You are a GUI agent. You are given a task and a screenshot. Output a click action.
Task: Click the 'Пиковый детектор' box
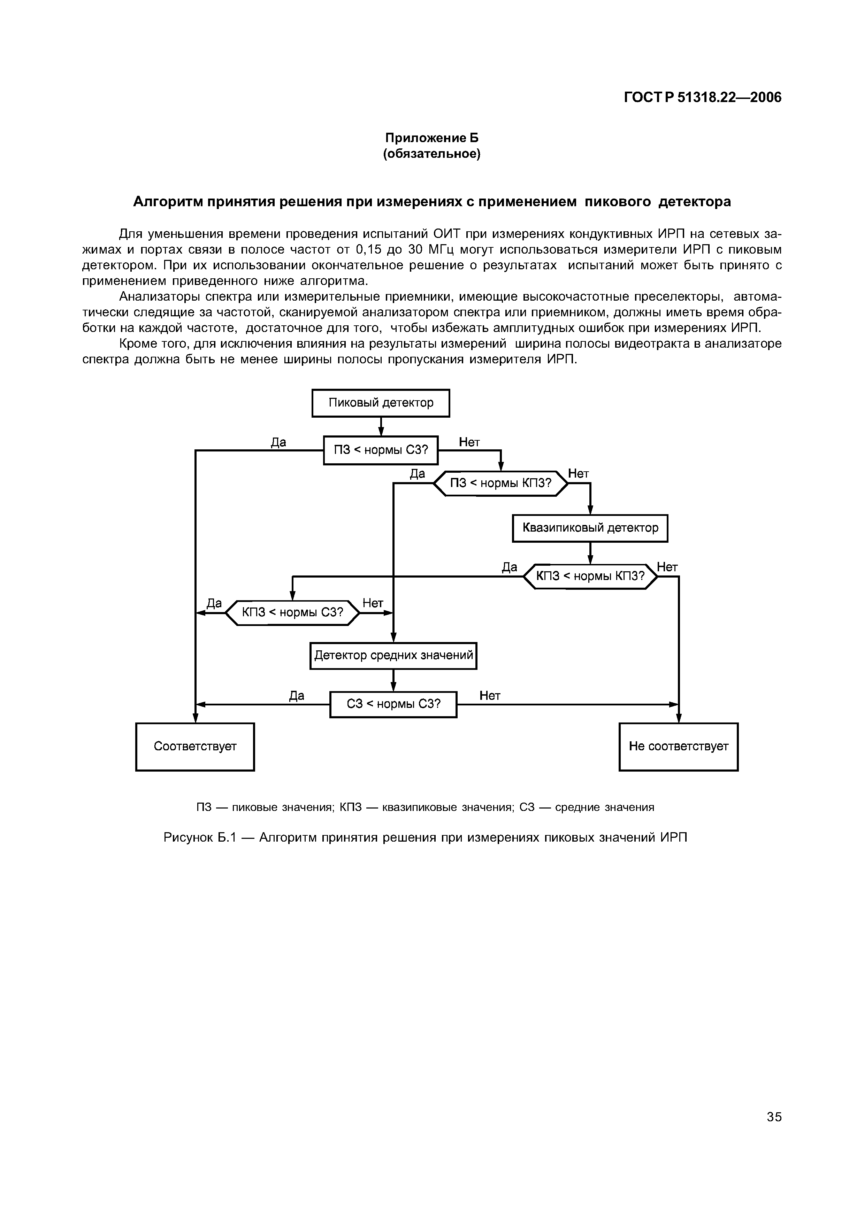(x=381, y=403)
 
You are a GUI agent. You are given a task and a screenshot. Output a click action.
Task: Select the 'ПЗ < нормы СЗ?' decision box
(x=381, y=450)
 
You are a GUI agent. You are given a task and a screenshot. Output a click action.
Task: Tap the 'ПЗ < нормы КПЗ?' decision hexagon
(x=501, y=483)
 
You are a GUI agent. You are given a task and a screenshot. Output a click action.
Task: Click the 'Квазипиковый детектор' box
(x=590, y=528)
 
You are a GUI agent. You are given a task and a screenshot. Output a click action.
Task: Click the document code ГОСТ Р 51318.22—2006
(x=703, y=98)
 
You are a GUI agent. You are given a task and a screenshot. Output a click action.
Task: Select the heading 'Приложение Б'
(x=432, y=138)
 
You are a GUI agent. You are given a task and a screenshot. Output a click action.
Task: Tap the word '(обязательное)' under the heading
(x=432, y=154)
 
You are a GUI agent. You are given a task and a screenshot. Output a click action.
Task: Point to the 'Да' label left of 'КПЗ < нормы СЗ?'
(x=214, y=603)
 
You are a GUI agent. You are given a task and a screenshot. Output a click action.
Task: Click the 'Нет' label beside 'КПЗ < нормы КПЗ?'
(x=667, y=567)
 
